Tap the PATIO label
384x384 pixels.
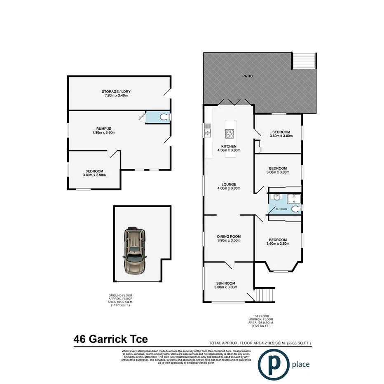coord(247,76)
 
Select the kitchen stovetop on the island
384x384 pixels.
coord(229,133)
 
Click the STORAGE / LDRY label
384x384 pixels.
coord(116,91)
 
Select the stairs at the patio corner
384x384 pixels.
coord(304,61)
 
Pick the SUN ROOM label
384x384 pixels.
coord(226,283)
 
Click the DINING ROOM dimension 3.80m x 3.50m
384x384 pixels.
coord(229,241)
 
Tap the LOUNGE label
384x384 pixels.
coord(228,184)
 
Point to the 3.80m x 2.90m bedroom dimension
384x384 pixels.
coord(94,175)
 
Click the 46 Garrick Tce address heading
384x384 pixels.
coord(110,339)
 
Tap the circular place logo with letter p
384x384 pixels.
coord(272,364)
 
